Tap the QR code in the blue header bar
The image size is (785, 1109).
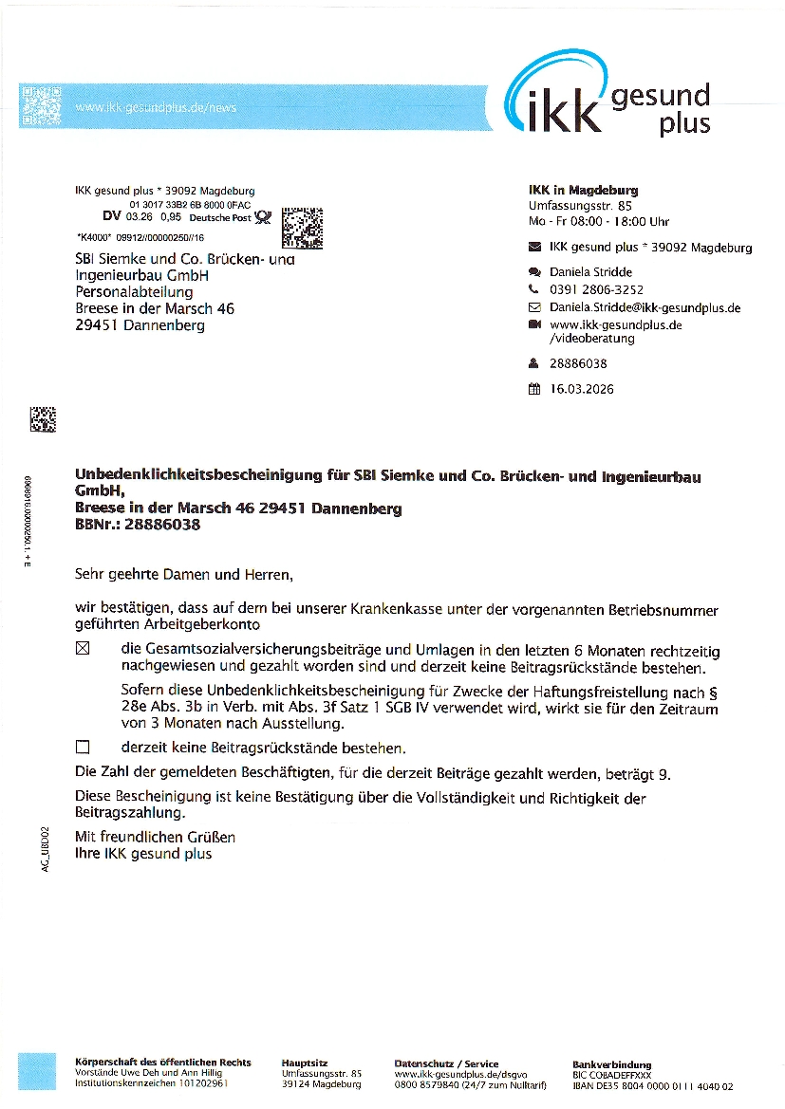pyautogui.click(x=41, y=105)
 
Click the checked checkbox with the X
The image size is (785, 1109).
pyautogui.click(x=82, y=649)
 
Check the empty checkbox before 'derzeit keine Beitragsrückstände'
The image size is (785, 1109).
pyautogui.click(x=82, y=748)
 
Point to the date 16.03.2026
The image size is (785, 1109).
pyautogui.click(x=582, y=388)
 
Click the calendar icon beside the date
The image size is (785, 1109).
pyautogui.click(x=533, y=388)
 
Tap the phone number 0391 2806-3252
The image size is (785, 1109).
pyautogui.click(x=596, y=290)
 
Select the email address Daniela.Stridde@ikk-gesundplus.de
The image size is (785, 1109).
pyautogui.click(x=645, y=307)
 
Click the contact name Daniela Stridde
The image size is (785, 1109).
pyautogui.click(x=590, y=272)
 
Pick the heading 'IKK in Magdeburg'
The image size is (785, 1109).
pyautogui.click(x=583, y=190)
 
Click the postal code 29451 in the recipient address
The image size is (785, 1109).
pyautogui.click(x=97, y=325)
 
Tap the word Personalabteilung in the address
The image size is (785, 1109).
pyautogui.click(x=134, y=292)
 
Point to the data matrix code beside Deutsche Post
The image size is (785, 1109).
pyautogui.click(x=303, y=227)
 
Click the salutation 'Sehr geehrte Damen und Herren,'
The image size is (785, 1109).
pyautogui.click(x=184, y=574)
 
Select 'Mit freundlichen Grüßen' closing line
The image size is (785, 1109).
pyautogui.click(x=155, y=837)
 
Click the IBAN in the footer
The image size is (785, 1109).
pyautogui.click(x=653, y=1085)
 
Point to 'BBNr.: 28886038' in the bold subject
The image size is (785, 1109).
pyautogui.click(x=138, y=525)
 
